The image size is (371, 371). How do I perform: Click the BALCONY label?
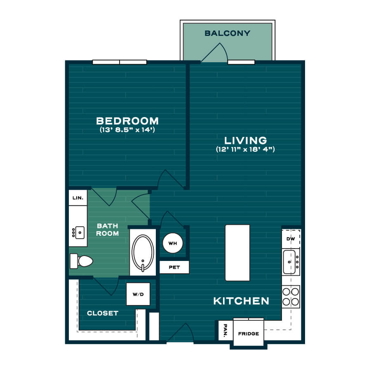227,33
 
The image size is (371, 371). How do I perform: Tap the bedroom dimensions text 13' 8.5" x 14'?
127,130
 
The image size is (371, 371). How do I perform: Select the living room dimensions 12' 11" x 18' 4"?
245,149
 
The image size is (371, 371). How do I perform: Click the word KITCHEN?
241,301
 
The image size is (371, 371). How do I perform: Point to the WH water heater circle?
173,243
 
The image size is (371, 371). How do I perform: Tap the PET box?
174,267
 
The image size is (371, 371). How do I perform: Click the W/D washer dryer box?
138,294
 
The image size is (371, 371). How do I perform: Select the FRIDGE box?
249,333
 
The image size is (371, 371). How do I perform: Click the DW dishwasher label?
291,239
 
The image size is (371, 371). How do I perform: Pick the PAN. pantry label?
225,330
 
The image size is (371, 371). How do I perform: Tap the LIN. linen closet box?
78,197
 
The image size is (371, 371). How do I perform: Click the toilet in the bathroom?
81,261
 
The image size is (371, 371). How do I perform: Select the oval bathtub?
143,253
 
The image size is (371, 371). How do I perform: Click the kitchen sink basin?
289,262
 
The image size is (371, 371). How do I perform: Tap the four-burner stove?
291,297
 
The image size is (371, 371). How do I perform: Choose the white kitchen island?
237,253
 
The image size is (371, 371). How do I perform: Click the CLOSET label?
103,313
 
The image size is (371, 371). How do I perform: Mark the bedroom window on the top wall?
120,62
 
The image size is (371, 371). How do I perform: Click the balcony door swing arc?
225,51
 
